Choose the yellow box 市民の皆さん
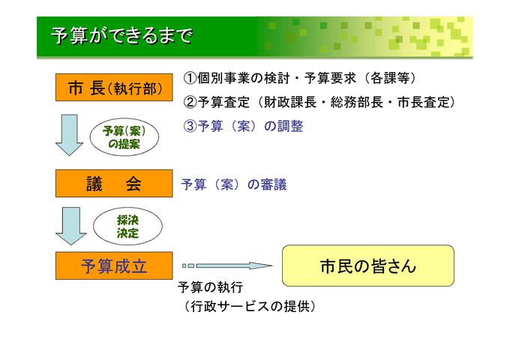coord(367,265)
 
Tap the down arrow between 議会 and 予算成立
coord(70,225)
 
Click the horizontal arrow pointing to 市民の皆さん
coord(228,265)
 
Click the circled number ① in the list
coord(190,78)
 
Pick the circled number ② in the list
coord(190,102)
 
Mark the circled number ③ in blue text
coord(190,126)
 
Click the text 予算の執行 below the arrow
coord(211,289)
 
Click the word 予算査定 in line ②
coord(223,102)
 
